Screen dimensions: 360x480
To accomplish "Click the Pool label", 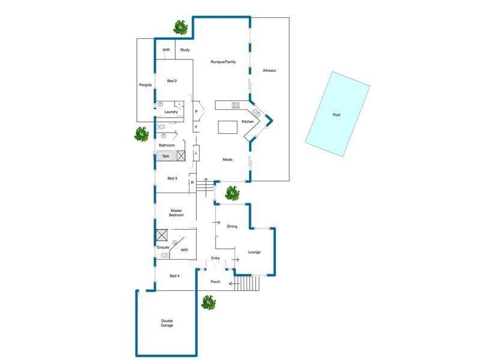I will (336, 115).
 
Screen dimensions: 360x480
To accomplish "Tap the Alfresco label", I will (269, 71).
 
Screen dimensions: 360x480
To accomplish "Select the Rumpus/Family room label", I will (223, 61).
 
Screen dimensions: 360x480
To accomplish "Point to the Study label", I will (185, 50).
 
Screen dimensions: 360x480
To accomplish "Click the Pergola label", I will (145, 85).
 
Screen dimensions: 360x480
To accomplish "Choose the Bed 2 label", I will (172, 80).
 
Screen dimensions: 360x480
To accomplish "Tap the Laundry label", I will (171, 112).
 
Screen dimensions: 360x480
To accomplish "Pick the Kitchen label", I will (248, 122).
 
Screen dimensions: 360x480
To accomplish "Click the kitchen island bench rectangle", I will (227, 127).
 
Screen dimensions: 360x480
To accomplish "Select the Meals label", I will (228, 160).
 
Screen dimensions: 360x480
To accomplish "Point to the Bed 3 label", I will (172, 178).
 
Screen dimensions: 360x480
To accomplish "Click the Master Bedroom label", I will (176, 212).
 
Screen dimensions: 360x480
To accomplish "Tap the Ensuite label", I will (163, 247).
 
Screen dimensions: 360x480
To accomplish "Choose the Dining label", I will (232, 226).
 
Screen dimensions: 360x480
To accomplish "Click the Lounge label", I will (254, 252).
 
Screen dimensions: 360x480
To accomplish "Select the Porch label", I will (215, 281).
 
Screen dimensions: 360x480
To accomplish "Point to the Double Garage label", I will (167, 323).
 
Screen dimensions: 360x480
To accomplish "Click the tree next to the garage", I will (209, 302).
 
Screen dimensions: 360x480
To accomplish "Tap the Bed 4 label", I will (175, 275).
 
